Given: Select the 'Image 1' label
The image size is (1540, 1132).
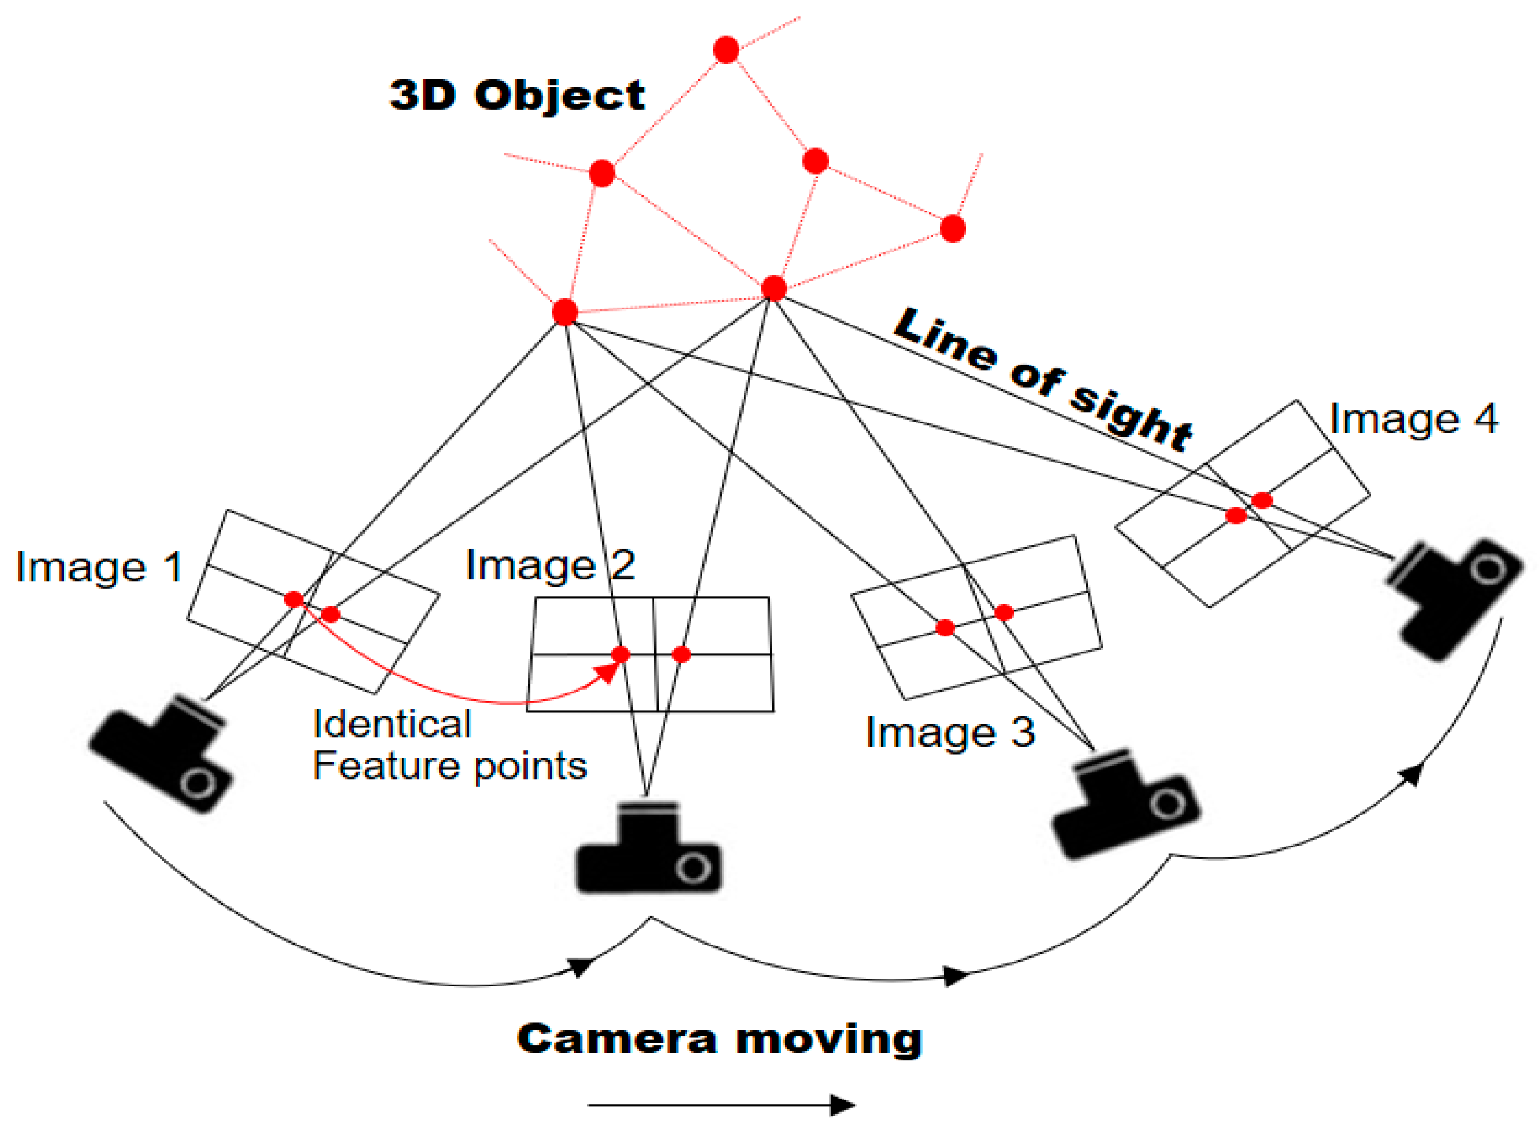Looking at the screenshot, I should [99, 567].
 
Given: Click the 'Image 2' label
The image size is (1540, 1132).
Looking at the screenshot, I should [550, 565].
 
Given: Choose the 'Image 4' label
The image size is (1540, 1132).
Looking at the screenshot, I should [1413, 419].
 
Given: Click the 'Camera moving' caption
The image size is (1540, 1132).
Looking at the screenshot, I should [719, 1040].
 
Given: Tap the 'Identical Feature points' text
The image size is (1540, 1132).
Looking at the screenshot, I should [449, 745].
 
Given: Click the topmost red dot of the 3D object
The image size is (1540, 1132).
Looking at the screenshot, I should [726, 50].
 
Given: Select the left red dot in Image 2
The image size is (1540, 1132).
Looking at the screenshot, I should [620, 655].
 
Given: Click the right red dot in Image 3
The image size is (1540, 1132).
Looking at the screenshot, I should [1004, 613].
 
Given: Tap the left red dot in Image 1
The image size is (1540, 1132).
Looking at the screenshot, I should [294, 599].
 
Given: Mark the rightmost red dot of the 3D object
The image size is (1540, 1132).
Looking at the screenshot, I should [952, 229].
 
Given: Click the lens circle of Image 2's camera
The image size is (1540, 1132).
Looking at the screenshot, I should [693, 868].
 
